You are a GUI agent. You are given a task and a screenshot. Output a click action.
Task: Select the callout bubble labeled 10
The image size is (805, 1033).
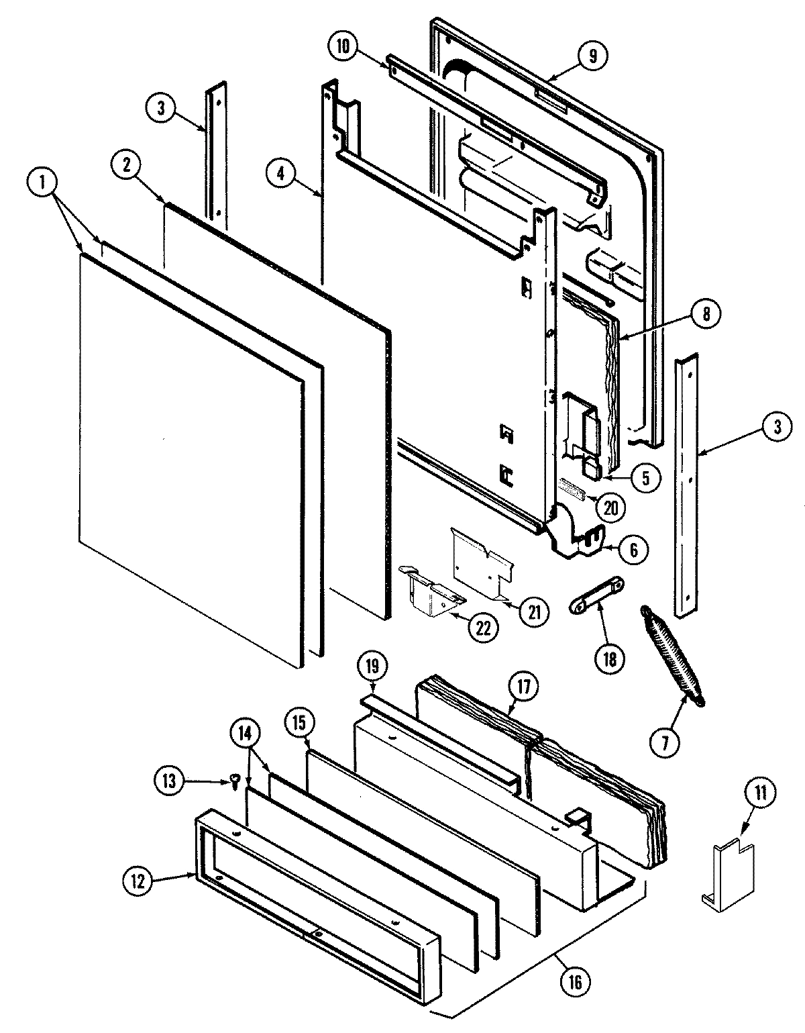tap(343, 47)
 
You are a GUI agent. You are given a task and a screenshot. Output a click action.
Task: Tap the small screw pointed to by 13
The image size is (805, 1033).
tap(235, 781)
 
